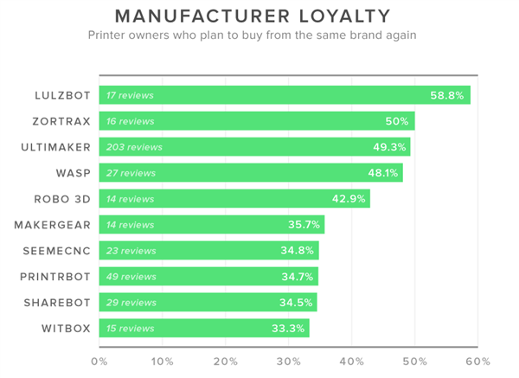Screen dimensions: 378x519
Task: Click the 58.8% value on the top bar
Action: point(447,95)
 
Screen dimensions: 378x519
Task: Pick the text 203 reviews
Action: point(134,147)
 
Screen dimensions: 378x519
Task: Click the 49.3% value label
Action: point(391,147)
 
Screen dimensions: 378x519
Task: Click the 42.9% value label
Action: point(349,199)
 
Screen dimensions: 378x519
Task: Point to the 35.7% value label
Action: point(304,225)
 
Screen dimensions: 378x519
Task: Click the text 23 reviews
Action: point(131,251)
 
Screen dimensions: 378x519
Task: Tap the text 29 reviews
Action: point(131,303)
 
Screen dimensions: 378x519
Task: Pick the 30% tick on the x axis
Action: point(288,362)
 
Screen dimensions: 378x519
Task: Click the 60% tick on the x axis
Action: point(477,362)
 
